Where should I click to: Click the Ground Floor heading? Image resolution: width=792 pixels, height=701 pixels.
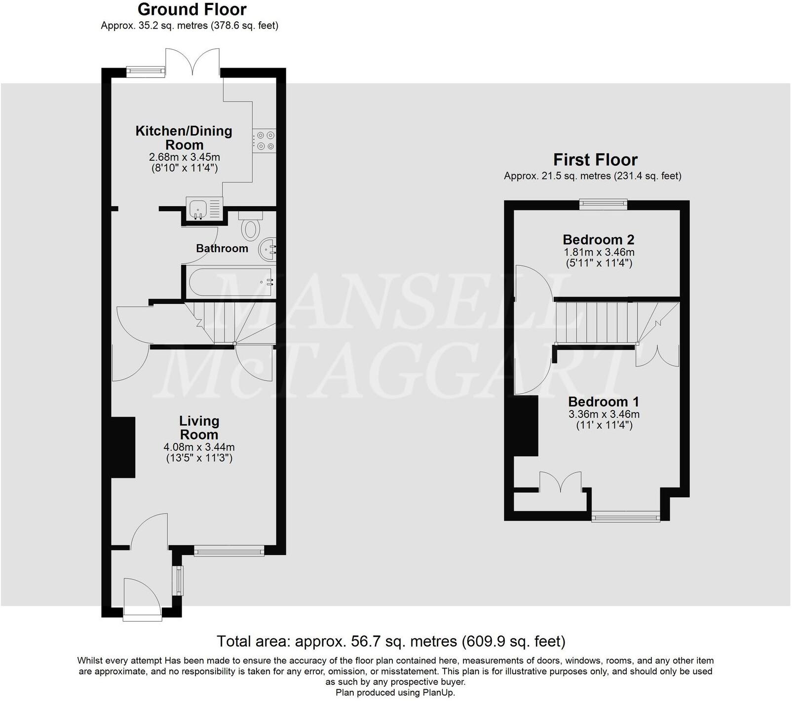(x=192, y=9)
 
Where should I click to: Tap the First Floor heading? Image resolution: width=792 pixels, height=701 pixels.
(x=595, y=160)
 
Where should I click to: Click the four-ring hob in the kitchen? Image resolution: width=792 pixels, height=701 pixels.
(x=264, y=140)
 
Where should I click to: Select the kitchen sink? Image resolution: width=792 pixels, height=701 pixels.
(x=204, y=208)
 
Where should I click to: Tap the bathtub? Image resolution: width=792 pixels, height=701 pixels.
(x=229, y=282)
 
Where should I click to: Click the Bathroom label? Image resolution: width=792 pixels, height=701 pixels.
(x=222, y=248)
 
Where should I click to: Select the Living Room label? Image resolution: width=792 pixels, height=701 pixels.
(x=199, y=428)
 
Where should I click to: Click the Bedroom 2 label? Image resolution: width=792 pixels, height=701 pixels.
(x=598, y=240)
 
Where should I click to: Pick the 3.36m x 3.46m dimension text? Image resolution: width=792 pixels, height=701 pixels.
(x=603, y=414)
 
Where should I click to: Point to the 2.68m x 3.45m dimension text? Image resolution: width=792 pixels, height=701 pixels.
(x=185, y=157)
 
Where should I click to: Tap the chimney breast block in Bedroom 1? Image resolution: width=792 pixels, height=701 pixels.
(x=526, y=426)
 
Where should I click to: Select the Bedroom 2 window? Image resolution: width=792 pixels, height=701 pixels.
(x=603, y=204)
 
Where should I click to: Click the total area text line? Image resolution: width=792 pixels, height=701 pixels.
(x=391, y=641)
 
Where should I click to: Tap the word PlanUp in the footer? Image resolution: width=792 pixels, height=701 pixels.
(x=438, y=693)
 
